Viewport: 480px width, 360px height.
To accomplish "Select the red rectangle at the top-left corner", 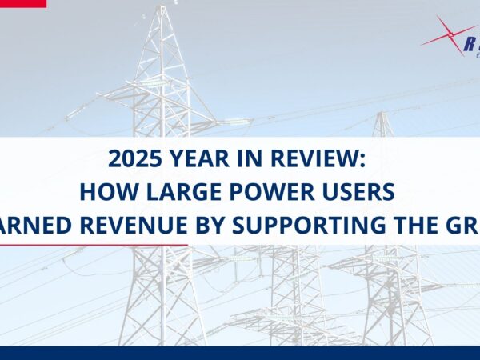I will [x=22, y=3].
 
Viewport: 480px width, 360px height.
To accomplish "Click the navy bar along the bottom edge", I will [x=240, y=353].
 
